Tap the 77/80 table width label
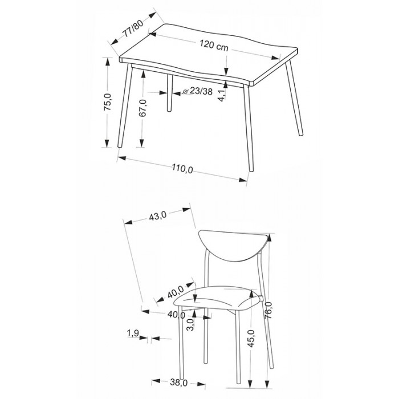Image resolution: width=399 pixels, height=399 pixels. pos(133,28)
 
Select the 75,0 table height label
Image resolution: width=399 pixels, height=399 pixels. pos(108,102)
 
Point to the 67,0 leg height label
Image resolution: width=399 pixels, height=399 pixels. pos(143,108)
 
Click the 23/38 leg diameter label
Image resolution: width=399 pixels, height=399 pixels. pos(201,91)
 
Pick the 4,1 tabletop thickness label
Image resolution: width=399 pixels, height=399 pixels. pos(222,95)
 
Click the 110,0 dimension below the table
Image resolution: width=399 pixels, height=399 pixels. pos(182,169)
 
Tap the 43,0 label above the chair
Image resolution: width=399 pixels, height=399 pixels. pos(157,217)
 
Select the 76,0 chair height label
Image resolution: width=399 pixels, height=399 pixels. pos(268,310)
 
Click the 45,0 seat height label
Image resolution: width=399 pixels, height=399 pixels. pos(251,339)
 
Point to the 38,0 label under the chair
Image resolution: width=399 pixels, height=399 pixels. pos(178,382)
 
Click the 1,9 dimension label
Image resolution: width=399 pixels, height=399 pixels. pos(133,333)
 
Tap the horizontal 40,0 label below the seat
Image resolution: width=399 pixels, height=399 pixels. pos(176,315)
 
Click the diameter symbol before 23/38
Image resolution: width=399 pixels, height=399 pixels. pos(186,91)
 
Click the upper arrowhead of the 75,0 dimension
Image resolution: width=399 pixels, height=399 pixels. pos(108,62)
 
